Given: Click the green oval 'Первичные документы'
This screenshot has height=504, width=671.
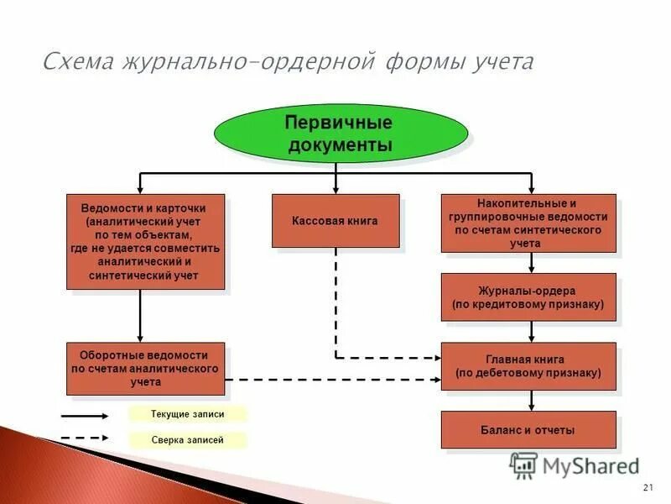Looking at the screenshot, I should pyautogui.click(x=339, y=133).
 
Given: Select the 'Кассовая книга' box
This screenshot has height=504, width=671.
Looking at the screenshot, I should pyautogui.click(x=335, y=221).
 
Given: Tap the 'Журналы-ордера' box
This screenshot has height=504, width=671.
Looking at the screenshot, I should pyautogui.click(x=528, y=297).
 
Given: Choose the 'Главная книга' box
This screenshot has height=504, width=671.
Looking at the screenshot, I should pyautogui.click(x=528, y=365).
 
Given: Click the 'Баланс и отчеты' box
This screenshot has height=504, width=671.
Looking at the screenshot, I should pyautogui.click(x=528, y=430).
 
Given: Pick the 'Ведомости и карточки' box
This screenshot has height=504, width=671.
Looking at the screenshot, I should pyautogui.click(x=145, y=242).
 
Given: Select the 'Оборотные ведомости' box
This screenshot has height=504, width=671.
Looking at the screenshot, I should pyautogui.click(x=145, y=369).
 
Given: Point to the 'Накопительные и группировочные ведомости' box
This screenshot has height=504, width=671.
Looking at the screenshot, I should pyautogui.click(x=528, y=223).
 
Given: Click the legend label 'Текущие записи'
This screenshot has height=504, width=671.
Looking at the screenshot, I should pyautogui.click(x=188, y=414).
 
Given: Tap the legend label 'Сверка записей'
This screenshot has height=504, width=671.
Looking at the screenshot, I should pyautogui.click(x=188, y=439).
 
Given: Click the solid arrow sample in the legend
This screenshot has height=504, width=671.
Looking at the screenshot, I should pyautogui.click(x=84, y=415).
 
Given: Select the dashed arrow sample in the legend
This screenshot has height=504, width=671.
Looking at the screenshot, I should pyautogui.click(x=84, y=438).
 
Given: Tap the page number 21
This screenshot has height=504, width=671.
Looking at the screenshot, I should pyautogui.click(x=647, y=488).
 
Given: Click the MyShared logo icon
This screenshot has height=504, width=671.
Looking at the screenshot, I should pyautogui.click(x=523, y=465).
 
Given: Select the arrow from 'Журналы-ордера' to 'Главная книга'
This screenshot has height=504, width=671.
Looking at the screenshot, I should pyautogui.click(x=531, y=332).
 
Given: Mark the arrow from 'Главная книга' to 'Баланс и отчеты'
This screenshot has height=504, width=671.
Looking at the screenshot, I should pyautogui.click(x=531, y=402).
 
